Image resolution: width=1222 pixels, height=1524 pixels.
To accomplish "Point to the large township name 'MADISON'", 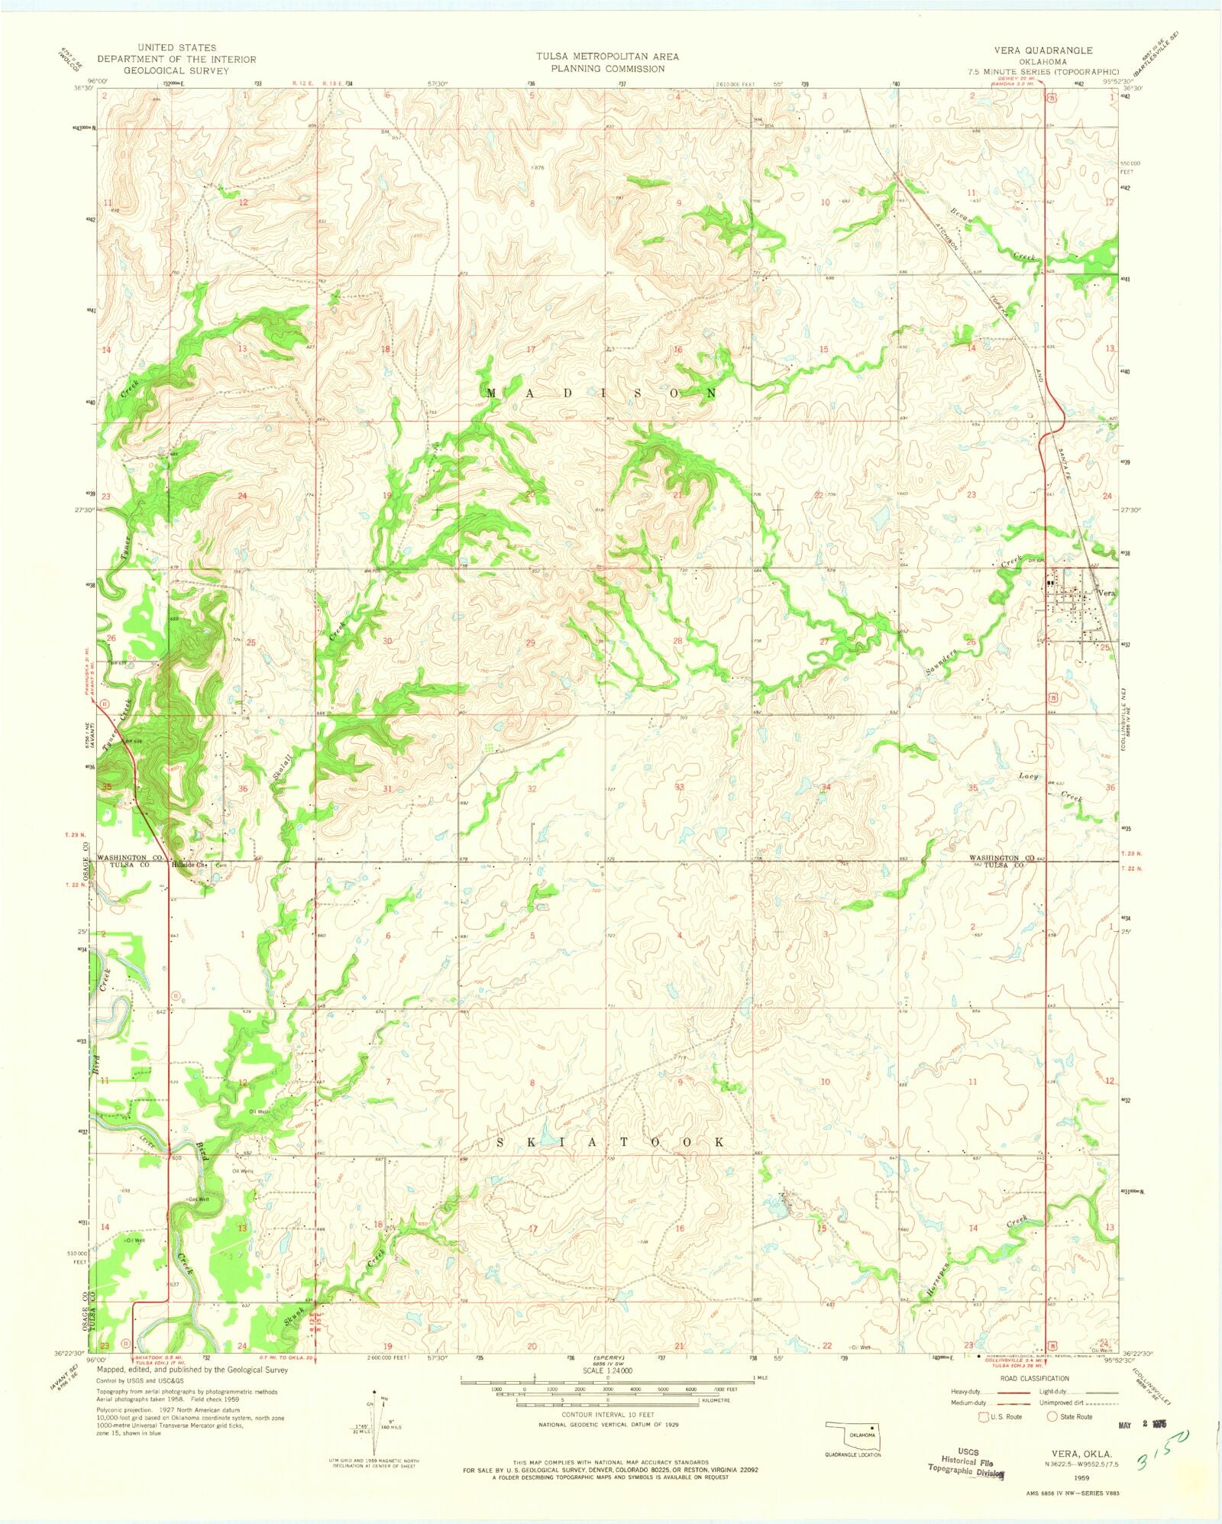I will tap(601, 393).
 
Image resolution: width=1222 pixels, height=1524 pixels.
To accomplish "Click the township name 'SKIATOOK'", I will tap(611, 1142).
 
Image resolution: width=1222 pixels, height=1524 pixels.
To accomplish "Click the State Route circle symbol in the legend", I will tap(1052, 1416).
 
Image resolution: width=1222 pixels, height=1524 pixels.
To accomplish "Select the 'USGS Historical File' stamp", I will tap(965, 1461).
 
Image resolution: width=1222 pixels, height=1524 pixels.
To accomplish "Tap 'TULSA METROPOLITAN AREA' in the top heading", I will tap(607, 57).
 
